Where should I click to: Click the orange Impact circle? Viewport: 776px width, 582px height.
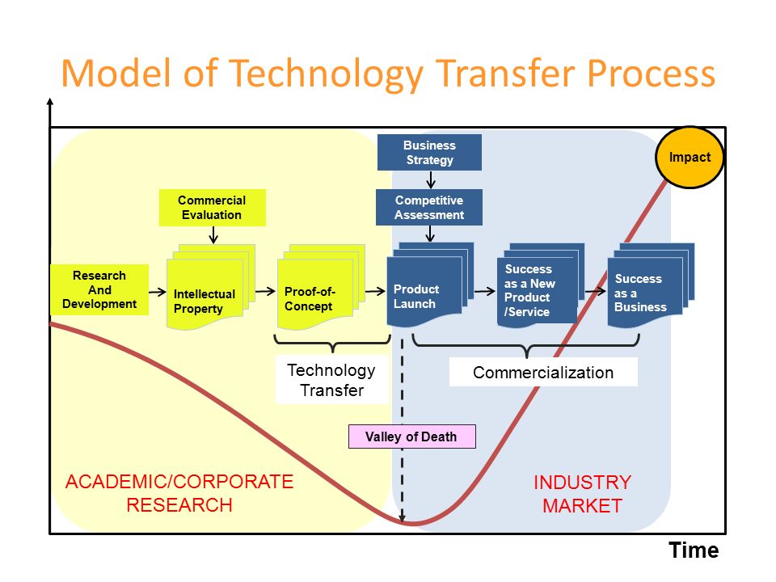point(690,158)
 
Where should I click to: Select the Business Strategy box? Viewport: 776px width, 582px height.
point(429,153)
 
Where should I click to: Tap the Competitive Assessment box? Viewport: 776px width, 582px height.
point(429,208)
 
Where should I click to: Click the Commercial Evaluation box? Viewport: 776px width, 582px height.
point(212,208)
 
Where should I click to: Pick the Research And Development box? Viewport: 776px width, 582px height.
point(99,289)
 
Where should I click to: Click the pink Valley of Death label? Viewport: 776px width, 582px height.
point(411,436)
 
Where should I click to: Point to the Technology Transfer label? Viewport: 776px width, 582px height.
point(331,380)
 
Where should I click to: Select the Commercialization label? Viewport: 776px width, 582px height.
point(543,373)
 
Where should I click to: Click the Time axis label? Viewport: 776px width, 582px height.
point(693,551)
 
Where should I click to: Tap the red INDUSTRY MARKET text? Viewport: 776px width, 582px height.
point(582,495)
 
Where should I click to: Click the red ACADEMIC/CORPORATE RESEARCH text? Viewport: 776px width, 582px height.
point(179,493)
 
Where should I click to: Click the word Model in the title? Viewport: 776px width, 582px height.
point(111,74)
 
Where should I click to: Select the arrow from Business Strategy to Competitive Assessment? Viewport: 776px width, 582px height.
point(430,179)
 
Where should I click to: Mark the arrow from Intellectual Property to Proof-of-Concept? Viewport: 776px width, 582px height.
point(265,290)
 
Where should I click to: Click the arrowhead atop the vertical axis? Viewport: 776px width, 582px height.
point(50,103)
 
